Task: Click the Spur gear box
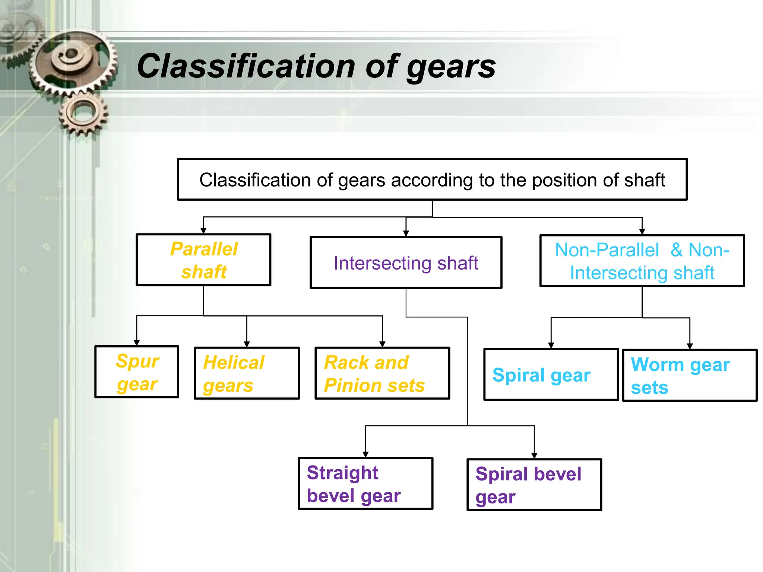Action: click(x=137, y=372)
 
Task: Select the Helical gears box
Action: click(x=247, y=373)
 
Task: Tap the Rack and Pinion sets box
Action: click(x=382, y=373)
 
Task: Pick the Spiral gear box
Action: click(x=551, y=375)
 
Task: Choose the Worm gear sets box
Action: click(x=690, y=375)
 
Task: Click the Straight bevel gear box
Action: click(x=365, y=483)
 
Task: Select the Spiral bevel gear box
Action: click(x=534, y=484)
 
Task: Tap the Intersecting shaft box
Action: click(x=406, y=263)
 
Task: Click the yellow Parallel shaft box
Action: click(x=203, y=260)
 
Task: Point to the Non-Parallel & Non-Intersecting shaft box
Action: click(x=642, y=261)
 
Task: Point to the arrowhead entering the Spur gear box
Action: click(x=137, y=342)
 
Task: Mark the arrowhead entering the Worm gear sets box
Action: click(x=690, y=346)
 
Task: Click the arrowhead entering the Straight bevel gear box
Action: click(x=365, y=454)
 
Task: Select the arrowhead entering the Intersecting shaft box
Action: click(x=406, y=233)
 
